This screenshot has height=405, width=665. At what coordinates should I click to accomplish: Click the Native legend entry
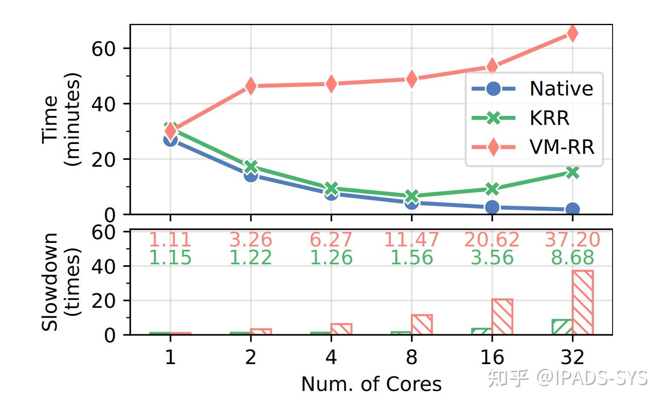pyautogui.click(x=533, y=89)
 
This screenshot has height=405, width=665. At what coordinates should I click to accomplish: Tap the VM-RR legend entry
pyautogui.click(x=533, y=148)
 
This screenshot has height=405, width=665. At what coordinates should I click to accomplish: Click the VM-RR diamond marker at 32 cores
pyautogui.click(x=572, y=33)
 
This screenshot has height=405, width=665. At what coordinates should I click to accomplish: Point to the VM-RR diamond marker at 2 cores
pyautogui.click(x=251, y=86)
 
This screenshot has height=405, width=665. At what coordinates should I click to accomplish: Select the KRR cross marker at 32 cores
pyautogui.click(x=572, y=172)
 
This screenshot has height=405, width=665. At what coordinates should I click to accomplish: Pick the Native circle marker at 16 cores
pyautogui.click(x=492, y=207)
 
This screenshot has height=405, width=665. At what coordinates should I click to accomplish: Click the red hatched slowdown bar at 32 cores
pyautogui.click(x=582, y=302)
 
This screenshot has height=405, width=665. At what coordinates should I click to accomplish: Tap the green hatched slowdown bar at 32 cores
pyautogui.click(x=562, y=327)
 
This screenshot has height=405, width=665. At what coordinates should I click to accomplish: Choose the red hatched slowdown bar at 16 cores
pyautogui.click(x=502, y=317)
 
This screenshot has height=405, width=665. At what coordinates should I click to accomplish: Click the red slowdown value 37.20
pyautogui.click(x=572, y=240)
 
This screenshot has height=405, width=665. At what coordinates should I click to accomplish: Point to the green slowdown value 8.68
pyautogui.click(x=572, y=258)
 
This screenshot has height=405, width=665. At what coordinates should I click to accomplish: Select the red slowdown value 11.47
pyautogui.click(x=411, y=240)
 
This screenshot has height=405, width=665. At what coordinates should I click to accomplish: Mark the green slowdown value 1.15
pyautogui.click(x=170, y=258)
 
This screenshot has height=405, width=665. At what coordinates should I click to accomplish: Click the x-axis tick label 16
pyautogui.click(x=492, y=357)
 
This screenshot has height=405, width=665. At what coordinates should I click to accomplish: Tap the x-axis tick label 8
pyautogui.click(x=411, y=357)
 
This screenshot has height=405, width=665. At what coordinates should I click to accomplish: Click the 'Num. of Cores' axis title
pyautogui.click(x=371, y=384)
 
